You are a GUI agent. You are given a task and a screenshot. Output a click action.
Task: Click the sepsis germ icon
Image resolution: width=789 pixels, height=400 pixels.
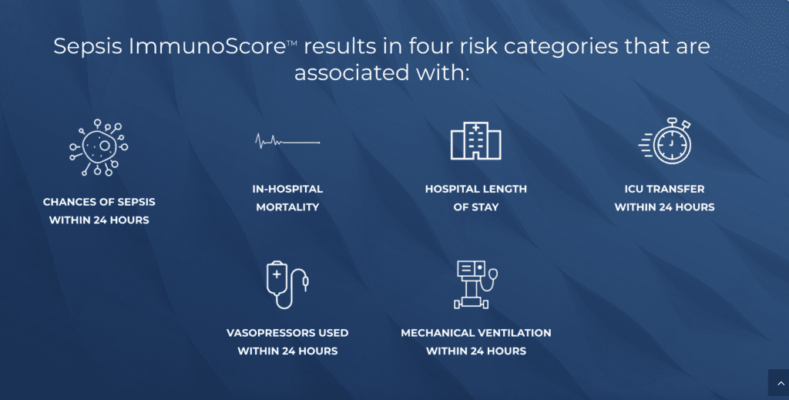[99, 147]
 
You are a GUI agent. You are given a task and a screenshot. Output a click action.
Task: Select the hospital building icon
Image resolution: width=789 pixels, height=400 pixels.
[475, 141]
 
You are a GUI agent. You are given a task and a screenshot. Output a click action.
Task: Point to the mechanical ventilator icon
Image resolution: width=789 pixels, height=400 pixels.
[475, 285]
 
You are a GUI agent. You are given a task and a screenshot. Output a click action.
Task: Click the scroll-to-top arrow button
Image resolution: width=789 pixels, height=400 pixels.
[778, 383]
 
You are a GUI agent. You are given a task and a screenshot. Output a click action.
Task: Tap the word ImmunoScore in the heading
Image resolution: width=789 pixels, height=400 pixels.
[208, 46]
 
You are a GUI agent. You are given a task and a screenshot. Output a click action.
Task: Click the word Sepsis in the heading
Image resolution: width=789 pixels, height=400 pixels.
[88, 47]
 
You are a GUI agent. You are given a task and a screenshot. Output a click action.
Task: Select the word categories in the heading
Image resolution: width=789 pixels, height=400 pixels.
[561, 47]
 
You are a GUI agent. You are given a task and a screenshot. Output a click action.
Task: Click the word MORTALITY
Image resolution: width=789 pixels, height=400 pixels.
[287, 207]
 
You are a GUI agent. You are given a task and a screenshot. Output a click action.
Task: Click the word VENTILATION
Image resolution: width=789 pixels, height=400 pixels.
[514, 333]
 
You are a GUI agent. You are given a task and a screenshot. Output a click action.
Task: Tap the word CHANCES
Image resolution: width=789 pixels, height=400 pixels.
[65, 202]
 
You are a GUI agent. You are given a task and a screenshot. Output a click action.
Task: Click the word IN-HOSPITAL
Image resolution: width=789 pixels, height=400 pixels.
[287, 189]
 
